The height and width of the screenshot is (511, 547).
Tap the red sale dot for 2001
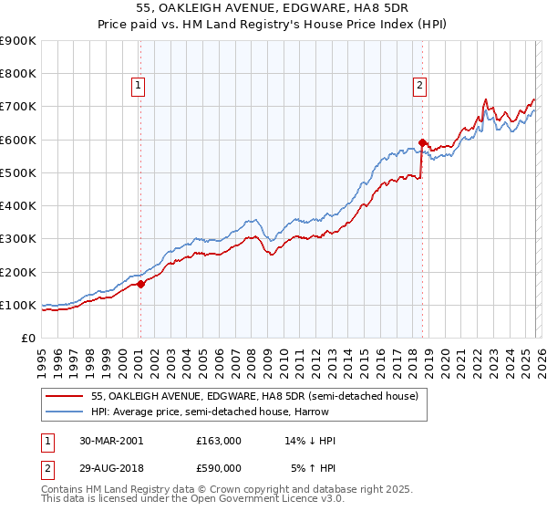[x=141, y=284]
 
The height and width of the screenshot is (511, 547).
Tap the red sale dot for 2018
[x=423, y=142]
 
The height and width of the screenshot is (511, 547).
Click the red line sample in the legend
[x=65, y=396]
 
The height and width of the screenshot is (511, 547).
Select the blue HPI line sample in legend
[x=65, y=412]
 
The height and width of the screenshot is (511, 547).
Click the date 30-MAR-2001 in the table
[x=111, y=441]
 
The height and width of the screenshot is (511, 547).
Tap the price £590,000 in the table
[x=219, y=468]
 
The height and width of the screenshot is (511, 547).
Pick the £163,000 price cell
[x=219, y=441]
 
